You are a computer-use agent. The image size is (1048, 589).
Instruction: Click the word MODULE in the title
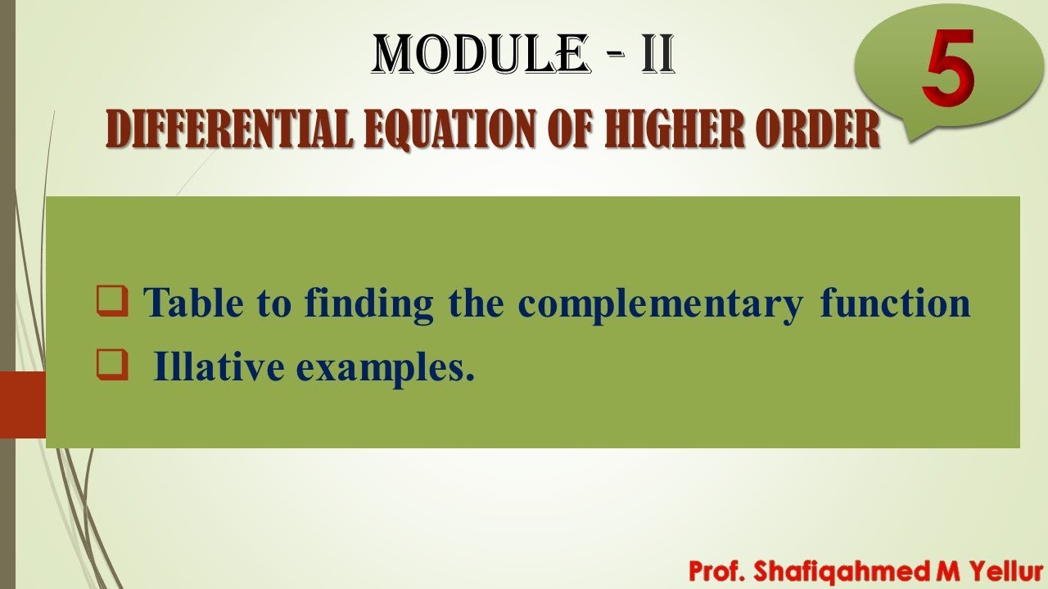(480, 55)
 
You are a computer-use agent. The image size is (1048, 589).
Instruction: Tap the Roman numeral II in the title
(657, 55)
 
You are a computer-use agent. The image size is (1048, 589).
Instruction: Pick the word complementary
(660, 304)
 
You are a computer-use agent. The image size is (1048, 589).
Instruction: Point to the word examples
(386, 370)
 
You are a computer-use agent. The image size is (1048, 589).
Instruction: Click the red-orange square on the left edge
(22, 404)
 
